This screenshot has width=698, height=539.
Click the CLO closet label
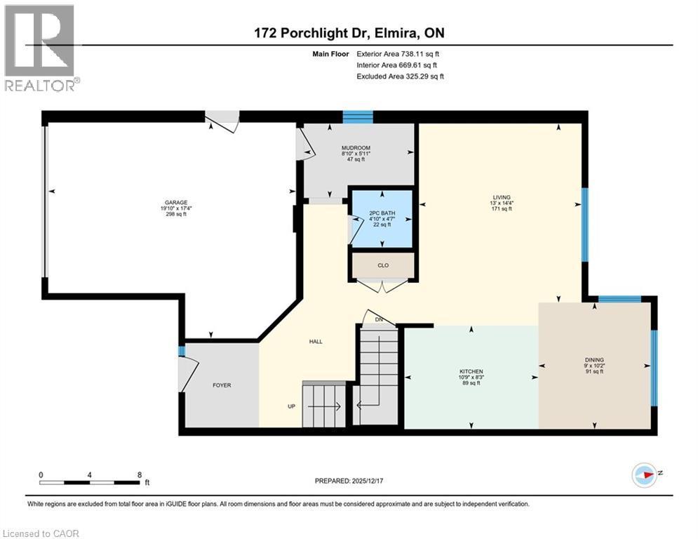coord(383,265)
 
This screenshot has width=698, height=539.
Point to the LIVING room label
coord(501,197)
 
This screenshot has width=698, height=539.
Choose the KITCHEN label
coord(471,371)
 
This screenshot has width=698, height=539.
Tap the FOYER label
coord(222,385)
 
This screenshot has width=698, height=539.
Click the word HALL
coord(315,342)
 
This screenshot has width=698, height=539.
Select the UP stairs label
coord(291,406)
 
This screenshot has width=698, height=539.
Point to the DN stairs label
coord(379,320)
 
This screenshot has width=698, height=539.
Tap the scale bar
coord(89,482)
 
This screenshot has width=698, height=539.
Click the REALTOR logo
coord(40,48)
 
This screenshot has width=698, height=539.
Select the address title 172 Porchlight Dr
coord(349,33)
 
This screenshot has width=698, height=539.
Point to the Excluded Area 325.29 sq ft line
coord(401,76)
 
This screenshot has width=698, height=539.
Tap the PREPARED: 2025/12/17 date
coord(349,481)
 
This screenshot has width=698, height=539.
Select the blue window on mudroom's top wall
coord(358,117)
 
